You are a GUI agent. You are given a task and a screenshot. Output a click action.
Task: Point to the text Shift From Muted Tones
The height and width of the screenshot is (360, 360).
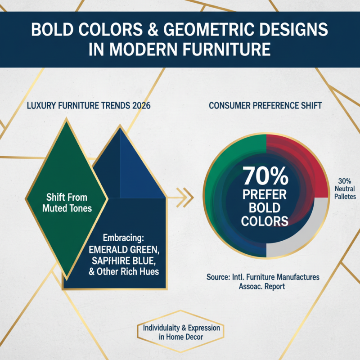(67, 202)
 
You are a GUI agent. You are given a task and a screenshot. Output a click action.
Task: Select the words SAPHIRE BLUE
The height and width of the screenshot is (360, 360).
(122, 261)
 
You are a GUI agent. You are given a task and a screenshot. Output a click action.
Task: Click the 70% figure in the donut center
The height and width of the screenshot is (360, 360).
(265, 177)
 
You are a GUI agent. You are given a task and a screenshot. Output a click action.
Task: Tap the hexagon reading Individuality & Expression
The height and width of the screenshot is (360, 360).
(181, 333)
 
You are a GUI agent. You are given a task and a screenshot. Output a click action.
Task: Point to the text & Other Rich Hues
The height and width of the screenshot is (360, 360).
(124, 272)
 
